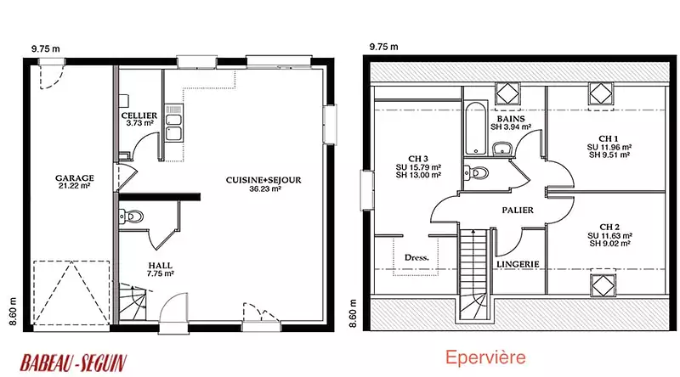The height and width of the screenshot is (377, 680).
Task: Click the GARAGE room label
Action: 75,177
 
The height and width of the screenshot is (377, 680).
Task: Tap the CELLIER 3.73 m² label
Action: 139,119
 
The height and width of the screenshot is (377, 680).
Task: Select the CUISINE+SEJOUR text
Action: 263,180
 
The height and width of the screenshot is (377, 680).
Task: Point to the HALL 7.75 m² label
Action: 161,269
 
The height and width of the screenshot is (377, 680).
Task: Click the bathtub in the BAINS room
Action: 476,129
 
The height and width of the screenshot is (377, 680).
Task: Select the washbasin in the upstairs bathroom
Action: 502,149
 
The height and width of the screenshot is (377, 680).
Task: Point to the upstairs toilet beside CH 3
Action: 476,173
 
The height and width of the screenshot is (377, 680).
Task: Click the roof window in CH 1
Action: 601,93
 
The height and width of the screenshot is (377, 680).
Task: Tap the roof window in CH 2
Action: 603,285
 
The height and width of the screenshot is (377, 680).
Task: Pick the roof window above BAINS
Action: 507,93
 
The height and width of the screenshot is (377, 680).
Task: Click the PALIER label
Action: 518,211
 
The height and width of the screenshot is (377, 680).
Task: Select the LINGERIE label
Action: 518,264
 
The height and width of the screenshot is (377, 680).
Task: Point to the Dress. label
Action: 416,257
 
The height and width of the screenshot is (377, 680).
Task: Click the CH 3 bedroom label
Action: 418,159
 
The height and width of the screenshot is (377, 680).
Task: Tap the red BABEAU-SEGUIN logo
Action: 73,363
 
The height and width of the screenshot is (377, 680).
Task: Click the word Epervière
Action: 485,357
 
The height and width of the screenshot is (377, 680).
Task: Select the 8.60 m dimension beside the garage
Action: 13,312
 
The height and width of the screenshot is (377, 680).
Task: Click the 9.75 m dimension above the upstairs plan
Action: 384,47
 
